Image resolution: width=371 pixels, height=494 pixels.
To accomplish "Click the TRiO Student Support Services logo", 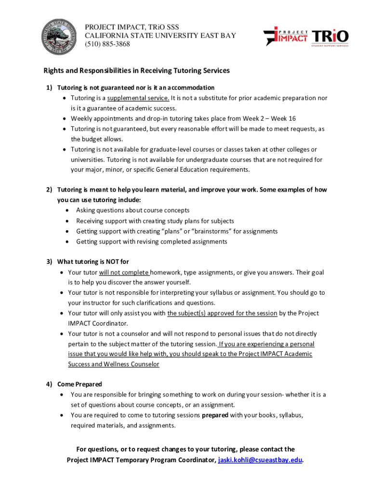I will click(x=330, y=38).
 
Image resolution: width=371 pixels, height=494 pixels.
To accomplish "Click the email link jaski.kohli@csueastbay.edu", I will click(x=260, y=460).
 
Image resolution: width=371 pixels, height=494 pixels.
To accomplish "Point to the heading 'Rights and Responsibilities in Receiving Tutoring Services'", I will click(x=137, y=70).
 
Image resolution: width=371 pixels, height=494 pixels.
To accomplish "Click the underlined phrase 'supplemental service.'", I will click(x=138, y=98).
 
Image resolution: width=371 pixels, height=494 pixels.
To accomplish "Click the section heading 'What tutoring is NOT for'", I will click(x=93, y=262).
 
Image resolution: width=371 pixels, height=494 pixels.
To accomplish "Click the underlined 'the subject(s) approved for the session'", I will click(x=222, y=313).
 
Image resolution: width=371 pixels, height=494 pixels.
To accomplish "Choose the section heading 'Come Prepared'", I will click(x=79, y=384).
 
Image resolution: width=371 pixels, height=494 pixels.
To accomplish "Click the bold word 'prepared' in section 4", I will click(x=215, y=415).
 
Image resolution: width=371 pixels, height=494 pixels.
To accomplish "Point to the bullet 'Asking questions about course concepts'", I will click(x=132, y=210).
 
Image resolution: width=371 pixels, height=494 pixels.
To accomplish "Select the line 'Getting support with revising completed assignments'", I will click(x=151, y=241).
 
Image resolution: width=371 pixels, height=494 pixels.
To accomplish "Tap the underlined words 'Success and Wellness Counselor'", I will click(x=113, y=364).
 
